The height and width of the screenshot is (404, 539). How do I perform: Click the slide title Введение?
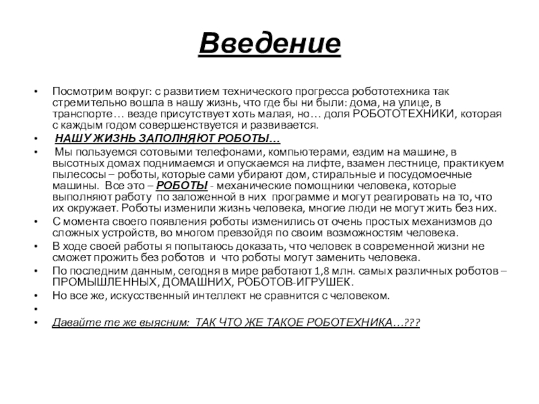coord(269,46)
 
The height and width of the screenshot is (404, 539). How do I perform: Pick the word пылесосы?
coord(75,174)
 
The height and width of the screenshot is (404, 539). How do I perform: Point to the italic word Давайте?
coord(73,323)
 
